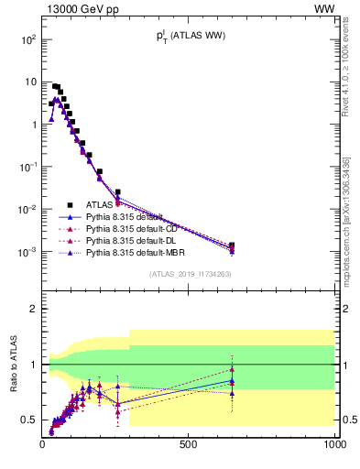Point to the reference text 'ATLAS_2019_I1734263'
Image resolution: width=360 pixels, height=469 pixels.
pyautogui.click(x=189, y=273)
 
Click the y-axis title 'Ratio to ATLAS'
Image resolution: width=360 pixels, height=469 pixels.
pyautogui.click(x=14, y=364)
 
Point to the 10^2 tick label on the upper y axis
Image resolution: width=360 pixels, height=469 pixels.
pyautogui.click(x=27, y=40)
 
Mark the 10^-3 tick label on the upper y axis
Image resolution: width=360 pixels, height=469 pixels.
pyautogui.click(x=27, y=251)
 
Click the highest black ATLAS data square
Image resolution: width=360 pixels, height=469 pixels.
pyautogui.click(x=55, y=86)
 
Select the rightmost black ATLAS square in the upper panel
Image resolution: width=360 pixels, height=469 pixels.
pyautogui.click(x=232, y=245)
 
